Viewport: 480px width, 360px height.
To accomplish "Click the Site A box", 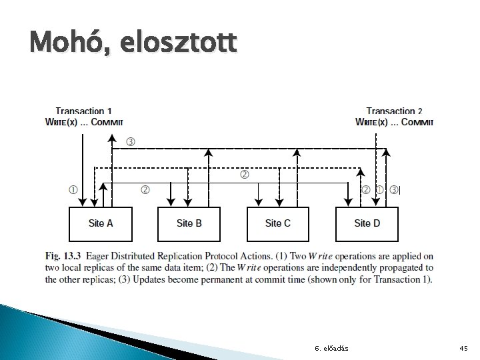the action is click(101, 223).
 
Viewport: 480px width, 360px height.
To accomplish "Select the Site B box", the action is click(189, 223).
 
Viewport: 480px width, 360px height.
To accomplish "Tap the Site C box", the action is click(278, 223).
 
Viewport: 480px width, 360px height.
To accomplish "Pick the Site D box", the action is click(367, 223).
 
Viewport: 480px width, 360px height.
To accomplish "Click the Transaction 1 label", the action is click(83, 111).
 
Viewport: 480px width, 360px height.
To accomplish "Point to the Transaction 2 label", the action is click(394, 111).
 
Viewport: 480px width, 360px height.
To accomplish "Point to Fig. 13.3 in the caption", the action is click(62, 256).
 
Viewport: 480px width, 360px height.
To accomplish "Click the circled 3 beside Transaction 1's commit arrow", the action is click(131, 141).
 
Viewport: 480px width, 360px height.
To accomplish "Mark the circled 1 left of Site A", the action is click(72, 189).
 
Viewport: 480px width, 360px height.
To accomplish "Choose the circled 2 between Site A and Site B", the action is click(145, 189).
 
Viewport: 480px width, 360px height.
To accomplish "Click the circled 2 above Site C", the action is click(244, 175).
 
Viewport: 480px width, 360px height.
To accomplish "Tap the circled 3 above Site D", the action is click(394, 189).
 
